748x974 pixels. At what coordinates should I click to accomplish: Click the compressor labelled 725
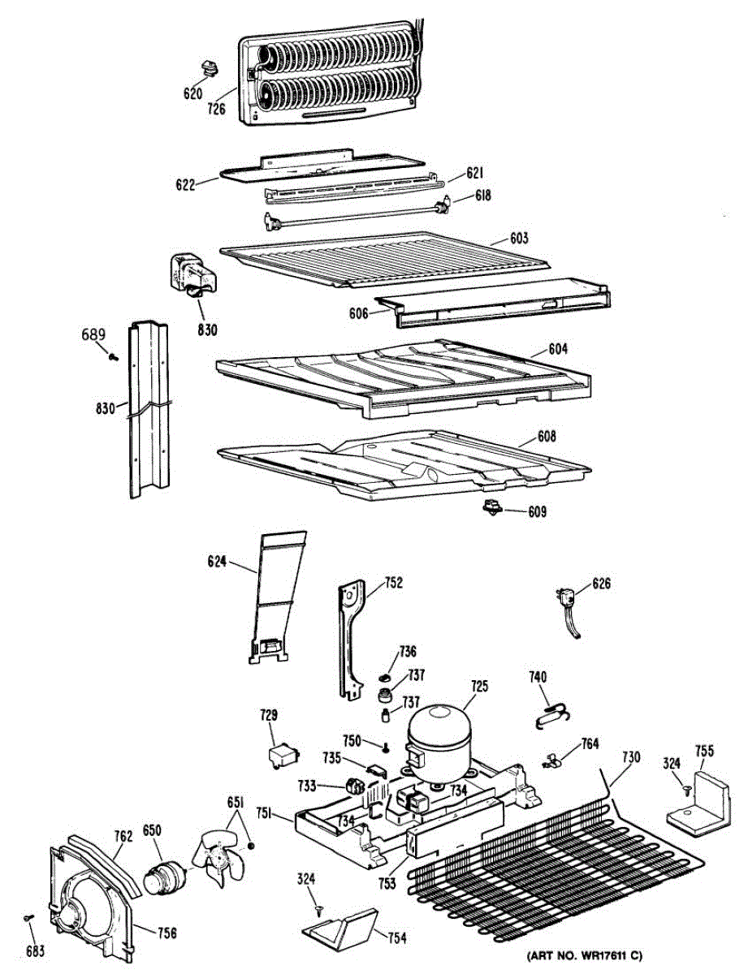[x=439, y=736]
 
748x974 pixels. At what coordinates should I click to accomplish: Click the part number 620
[x=192, y=94]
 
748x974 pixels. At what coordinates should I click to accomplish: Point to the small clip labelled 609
[x=491, y=508]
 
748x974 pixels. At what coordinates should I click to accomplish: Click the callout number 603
[x=520, y=239]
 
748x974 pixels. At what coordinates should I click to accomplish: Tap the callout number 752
[x=394, y=583]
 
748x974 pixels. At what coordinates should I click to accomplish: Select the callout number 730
[x=631, y=757]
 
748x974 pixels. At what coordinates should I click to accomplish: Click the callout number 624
[x=217, y=559]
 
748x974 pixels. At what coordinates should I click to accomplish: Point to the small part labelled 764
[x=551, y=761]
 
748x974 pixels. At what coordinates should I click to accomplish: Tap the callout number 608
[x=547, y=437]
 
